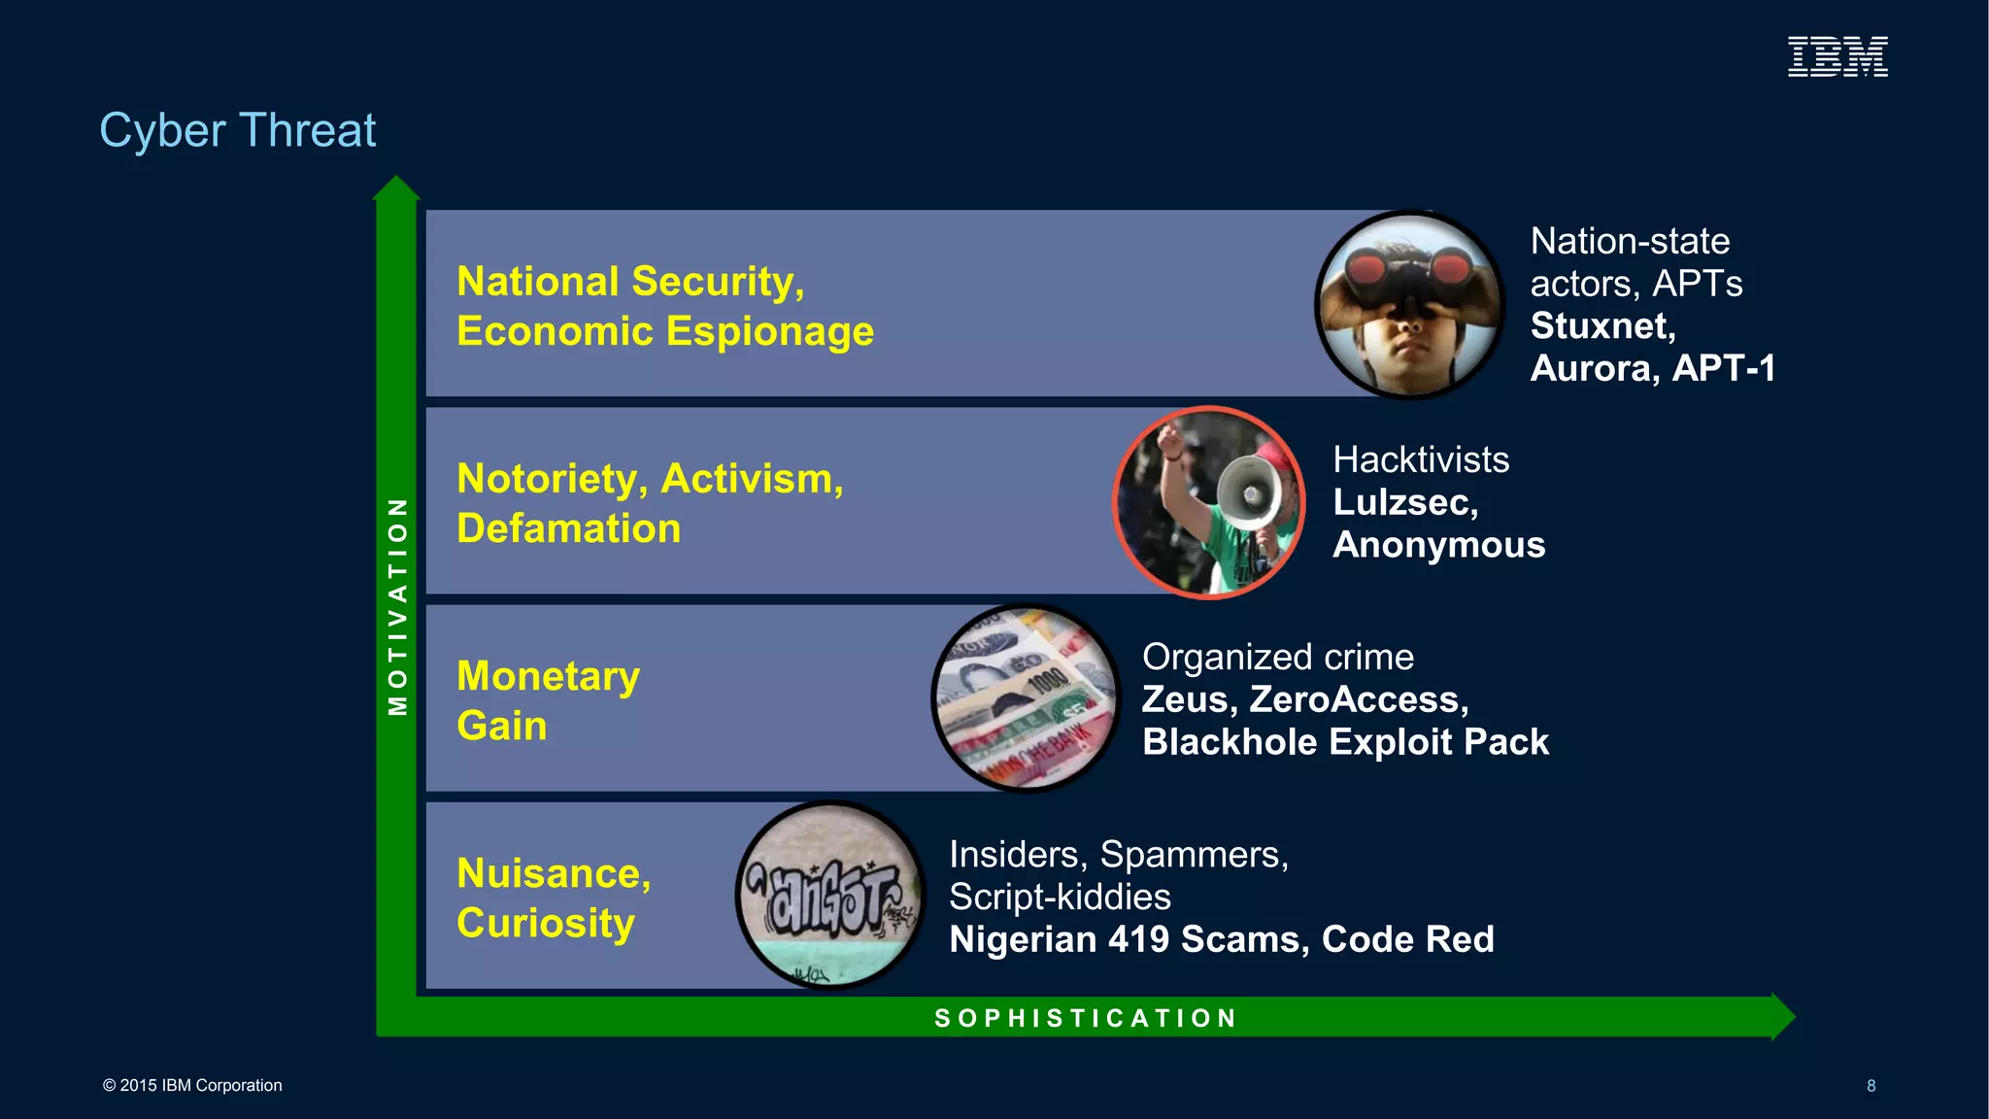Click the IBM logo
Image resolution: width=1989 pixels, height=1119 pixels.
click(x=1837, y=56)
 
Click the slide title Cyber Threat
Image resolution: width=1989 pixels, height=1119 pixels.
click(x=237, y=130)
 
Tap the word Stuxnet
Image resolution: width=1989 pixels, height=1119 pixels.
click(x=1601, y=326)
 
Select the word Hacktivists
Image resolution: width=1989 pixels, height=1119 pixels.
click(x=1421, y=459)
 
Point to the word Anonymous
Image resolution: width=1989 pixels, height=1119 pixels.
click(x=1438, y=545)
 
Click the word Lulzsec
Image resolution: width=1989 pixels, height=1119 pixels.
click(x=1404, y=502)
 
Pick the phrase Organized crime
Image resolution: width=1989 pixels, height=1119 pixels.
click(x=1277, y=658)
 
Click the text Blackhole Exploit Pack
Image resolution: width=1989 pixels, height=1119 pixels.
click(x=1345, y=742)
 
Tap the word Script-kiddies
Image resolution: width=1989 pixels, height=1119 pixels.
click(x=1060, y=898)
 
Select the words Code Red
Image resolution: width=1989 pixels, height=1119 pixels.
click(x=1407, y=939)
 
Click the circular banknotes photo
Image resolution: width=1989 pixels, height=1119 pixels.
click(x=1026, y=698)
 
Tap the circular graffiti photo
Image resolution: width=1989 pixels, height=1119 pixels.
click(x=830, y=896)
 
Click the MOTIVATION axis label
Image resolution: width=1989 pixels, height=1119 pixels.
click(x=397, y=606)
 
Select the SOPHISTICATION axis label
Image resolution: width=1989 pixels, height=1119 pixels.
click(x=1085, y=1018)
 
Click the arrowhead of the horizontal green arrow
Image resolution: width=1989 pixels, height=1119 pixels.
click(x=1782, y=1017)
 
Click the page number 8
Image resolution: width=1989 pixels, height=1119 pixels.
click(x=1871, y=1086)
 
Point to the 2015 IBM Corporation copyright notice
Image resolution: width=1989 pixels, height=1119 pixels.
click(x=192, y=1086)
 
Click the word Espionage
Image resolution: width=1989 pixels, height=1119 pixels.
click(x=770, y=332)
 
